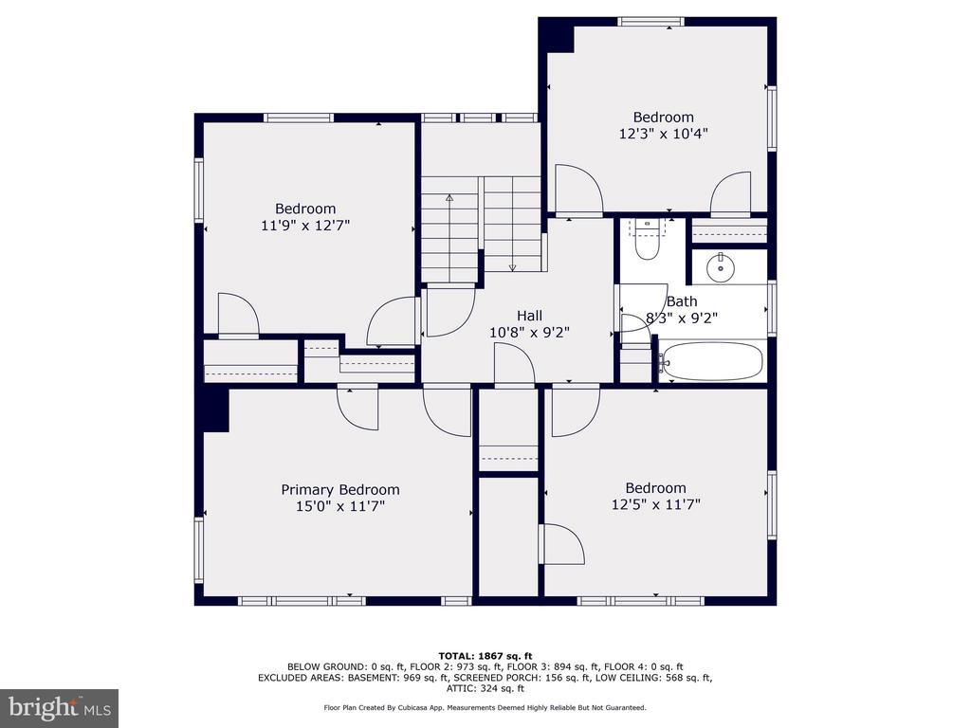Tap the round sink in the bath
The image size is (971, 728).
point(721,267)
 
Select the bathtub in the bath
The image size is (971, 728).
point(711,361)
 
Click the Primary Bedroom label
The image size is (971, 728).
point(340,490)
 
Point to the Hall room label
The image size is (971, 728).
point(529,316)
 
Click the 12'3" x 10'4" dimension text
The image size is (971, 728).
point(663,134)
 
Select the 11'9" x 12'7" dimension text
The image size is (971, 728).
point(305,226)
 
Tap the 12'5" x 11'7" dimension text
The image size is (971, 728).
point(656,504)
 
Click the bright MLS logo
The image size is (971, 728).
point(60,707)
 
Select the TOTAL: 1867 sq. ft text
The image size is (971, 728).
point(485,656)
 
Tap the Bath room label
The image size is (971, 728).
point(682,302)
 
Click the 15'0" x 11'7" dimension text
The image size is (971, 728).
point(340,506)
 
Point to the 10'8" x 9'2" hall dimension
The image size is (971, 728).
point(529,333)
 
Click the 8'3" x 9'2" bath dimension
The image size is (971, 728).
point(682,318)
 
